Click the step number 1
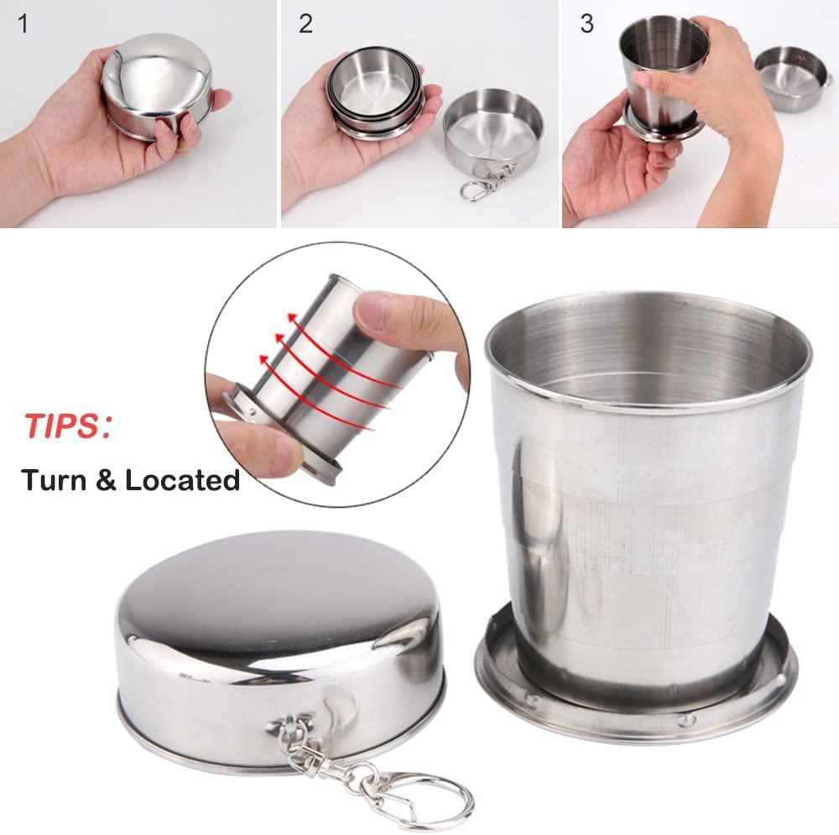(x=23, y=23)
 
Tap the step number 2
(x=305, y=23)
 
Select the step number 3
(x=586, y=23)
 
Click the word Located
(x=182, y=480)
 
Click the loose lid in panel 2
(x=492, y=134)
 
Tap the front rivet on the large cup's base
(x=685, y=719)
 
